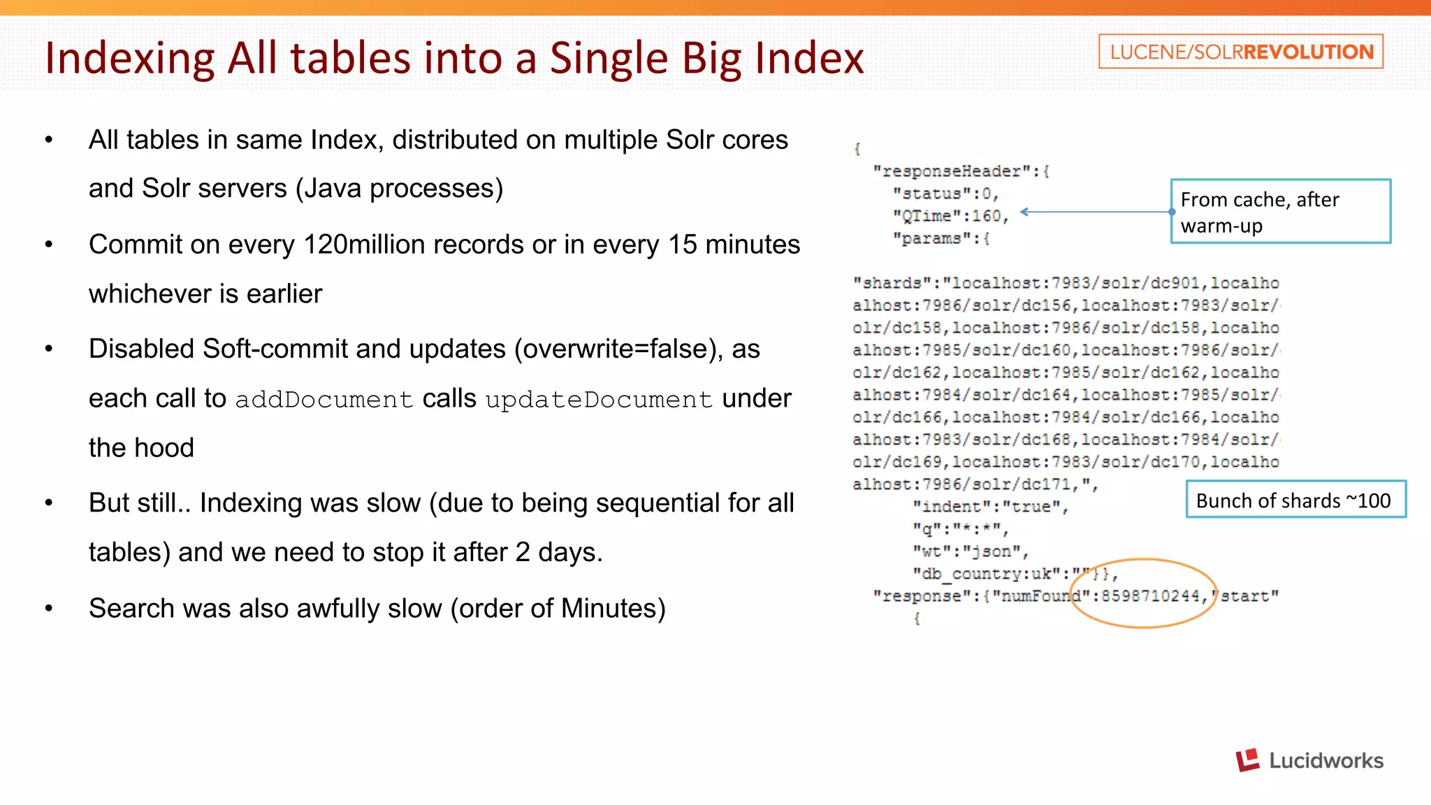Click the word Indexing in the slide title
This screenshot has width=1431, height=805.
130,59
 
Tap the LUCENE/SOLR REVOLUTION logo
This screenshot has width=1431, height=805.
1241,52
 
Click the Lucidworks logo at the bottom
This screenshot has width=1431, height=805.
1309,760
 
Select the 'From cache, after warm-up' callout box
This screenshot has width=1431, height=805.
1280,212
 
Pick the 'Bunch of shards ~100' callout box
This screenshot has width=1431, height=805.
1295,500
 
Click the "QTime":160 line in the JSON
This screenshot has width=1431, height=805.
950,217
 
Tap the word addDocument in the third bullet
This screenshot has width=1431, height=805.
324,400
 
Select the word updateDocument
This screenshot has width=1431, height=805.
599,400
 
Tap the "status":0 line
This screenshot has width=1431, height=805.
945,194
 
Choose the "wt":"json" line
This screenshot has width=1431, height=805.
970,552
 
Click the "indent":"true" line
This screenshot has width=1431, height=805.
989,507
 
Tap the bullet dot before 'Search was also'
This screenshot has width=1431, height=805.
49,609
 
